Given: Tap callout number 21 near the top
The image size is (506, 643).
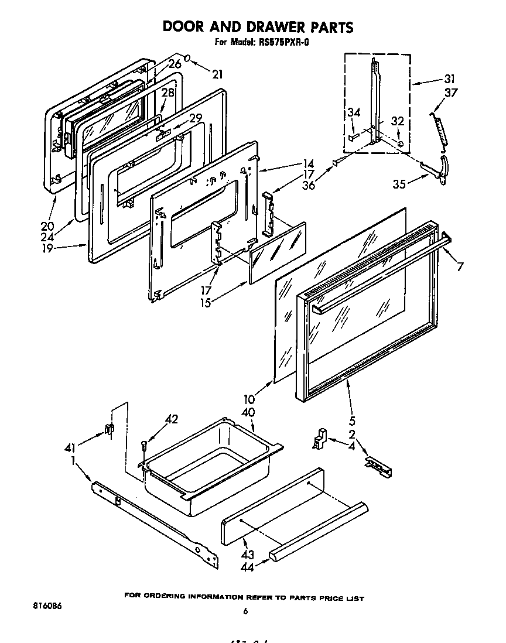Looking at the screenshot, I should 217,74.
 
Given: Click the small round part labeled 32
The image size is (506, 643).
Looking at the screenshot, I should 399,143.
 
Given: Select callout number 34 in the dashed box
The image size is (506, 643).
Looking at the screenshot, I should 354,113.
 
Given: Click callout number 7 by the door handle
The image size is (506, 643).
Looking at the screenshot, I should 461,267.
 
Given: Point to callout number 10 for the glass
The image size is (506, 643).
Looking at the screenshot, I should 249,400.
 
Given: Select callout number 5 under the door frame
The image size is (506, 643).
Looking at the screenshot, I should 353,420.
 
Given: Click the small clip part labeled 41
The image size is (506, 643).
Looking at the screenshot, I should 108,429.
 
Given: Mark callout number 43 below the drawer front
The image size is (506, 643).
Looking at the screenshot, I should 248,553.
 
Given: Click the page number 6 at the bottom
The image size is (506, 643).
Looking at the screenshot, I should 245,611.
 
